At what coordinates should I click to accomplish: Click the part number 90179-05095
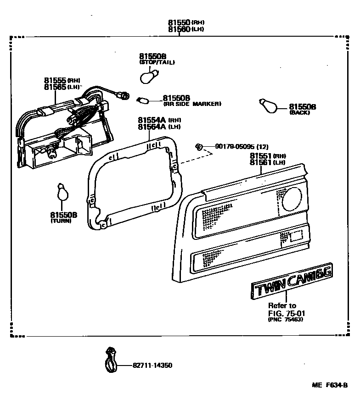coord(235,147)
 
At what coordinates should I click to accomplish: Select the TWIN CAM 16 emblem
coord(292,283)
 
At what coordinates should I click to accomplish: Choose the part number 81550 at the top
coord(180,22)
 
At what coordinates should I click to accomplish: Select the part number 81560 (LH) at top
coord(180,29)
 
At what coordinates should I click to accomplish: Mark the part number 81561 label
coord(261,162)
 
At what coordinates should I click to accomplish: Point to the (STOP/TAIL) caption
coord(157,62)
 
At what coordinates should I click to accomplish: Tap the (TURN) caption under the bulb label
coord(62,221)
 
